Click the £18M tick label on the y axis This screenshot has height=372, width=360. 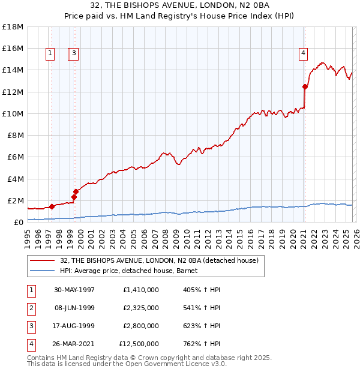(x=13, y=26)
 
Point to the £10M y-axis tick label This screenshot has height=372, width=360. (x=13, y=113)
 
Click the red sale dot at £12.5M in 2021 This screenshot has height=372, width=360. (x=305, y=86)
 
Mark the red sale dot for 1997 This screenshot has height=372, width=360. (x=52, y=206)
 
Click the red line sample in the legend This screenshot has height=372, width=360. (x=43, y=260)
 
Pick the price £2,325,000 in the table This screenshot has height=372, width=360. (x=140, y=308)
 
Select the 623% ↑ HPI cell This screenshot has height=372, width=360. (x=202, y=326)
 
